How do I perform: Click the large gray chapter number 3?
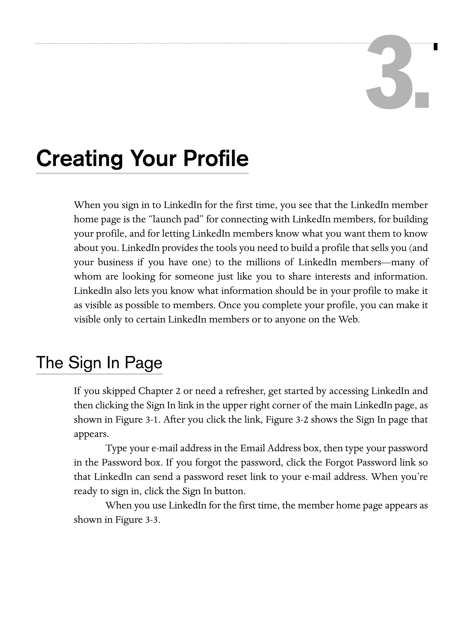389,72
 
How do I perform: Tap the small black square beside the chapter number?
435,47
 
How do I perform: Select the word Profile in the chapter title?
216,159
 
